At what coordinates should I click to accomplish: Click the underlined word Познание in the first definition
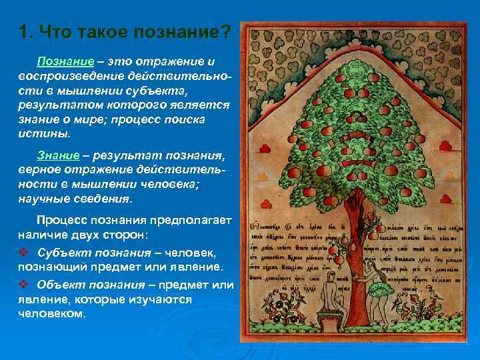(61, 61)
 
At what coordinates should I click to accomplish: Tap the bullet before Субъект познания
(23, 253)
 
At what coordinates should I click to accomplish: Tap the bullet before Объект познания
(23, 285)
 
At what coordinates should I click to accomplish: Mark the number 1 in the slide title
(23, 31)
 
